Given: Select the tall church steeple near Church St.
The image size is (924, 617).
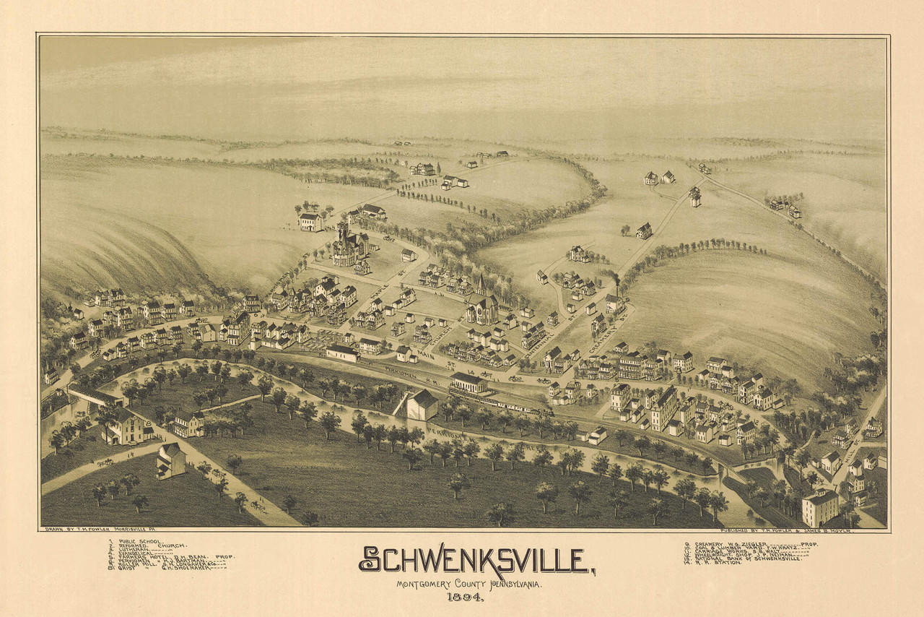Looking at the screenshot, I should click(481, 285).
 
